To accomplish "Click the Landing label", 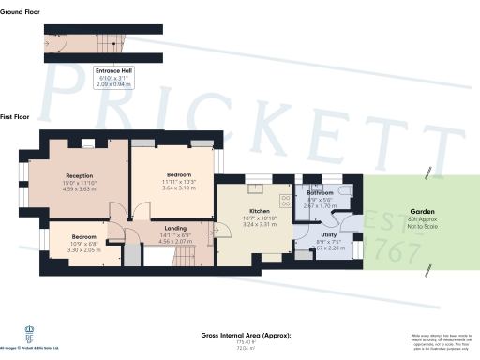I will point(175,228).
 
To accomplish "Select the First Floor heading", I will point(14,116).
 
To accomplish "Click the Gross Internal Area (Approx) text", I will point(246,335).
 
